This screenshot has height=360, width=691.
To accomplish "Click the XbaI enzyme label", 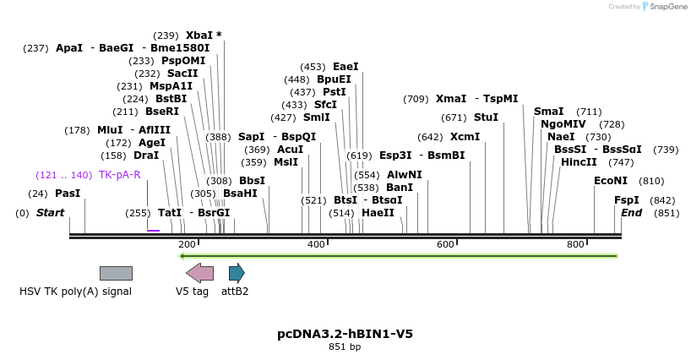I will point(199,35).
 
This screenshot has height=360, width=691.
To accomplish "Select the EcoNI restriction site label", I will point(611,181).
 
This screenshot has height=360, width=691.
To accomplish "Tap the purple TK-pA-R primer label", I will point(119,175).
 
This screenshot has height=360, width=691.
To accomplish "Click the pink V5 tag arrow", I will point(199,273).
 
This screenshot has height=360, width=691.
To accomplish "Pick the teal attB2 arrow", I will point(237,273).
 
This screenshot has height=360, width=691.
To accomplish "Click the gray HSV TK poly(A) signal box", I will point(116,273).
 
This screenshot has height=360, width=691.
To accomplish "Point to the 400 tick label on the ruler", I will point(316,244).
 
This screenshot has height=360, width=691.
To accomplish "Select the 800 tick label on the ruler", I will point(575,244).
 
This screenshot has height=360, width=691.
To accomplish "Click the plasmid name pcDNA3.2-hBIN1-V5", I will point(345,334).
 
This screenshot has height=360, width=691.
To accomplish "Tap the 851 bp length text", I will point(345,346).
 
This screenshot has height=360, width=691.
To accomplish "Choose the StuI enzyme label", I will point(486,117).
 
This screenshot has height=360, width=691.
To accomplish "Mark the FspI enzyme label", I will point(627,200).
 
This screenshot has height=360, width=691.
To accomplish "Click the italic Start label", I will point(50,213).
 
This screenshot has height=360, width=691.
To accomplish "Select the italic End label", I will point(631,213).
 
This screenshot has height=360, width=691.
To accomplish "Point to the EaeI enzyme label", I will point(345,67).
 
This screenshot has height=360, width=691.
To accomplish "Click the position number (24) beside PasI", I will point(37,194).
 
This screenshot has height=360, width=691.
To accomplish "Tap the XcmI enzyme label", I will point(465,137).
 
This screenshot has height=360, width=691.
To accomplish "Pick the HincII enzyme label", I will point(579,162).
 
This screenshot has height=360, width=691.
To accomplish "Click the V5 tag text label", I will point(192,292).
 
